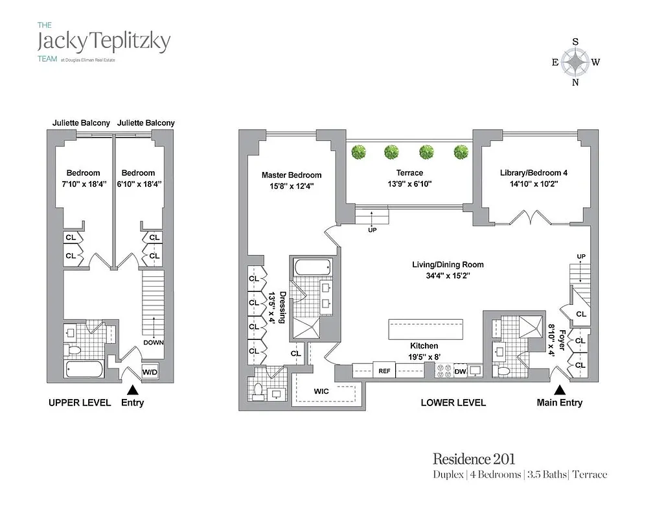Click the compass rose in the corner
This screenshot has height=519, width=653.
point(575,62)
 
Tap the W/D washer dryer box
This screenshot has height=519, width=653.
point(150,372)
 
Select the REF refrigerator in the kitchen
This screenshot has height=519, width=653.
point(384,372)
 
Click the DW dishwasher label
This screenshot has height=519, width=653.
point(460,372)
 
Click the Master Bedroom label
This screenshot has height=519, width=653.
point(292,175)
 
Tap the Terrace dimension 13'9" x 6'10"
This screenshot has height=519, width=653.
point(409,184)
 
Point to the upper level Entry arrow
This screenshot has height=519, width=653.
point(132,389)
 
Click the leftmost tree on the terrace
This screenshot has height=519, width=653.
point(359,152)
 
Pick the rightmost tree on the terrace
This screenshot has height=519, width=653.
point(461,152)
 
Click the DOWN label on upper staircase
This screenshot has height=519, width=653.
point(154,343)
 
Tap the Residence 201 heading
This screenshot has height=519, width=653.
point(474,459)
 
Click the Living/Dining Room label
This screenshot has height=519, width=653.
point(448,265)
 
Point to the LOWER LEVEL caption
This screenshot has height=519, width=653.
point(453,402)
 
